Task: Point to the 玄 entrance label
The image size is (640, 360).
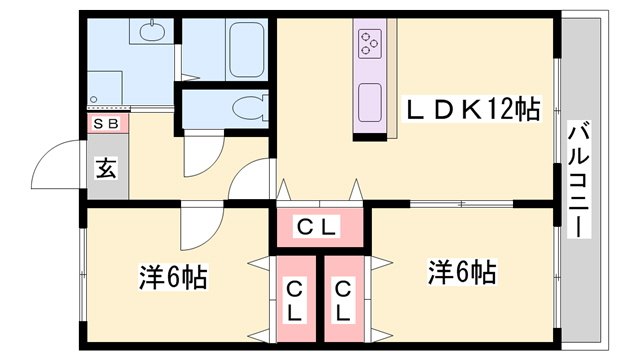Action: point(105,167)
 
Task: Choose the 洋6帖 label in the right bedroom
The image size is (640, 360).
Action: point(463,271)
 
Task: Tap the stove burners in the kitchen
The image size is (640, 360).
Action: point(369,43)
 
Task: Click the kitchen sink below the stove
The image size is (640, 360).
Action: point(369,100)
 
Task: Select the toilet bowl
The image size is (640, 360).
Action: point(245,105)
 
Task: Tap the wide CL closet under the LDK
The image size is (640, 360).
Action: point(319,227)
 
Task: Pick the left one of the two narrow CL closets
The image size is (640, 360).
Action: point(295,300)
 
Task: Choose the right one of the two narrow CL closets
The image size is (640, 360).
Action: point(343,300)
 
